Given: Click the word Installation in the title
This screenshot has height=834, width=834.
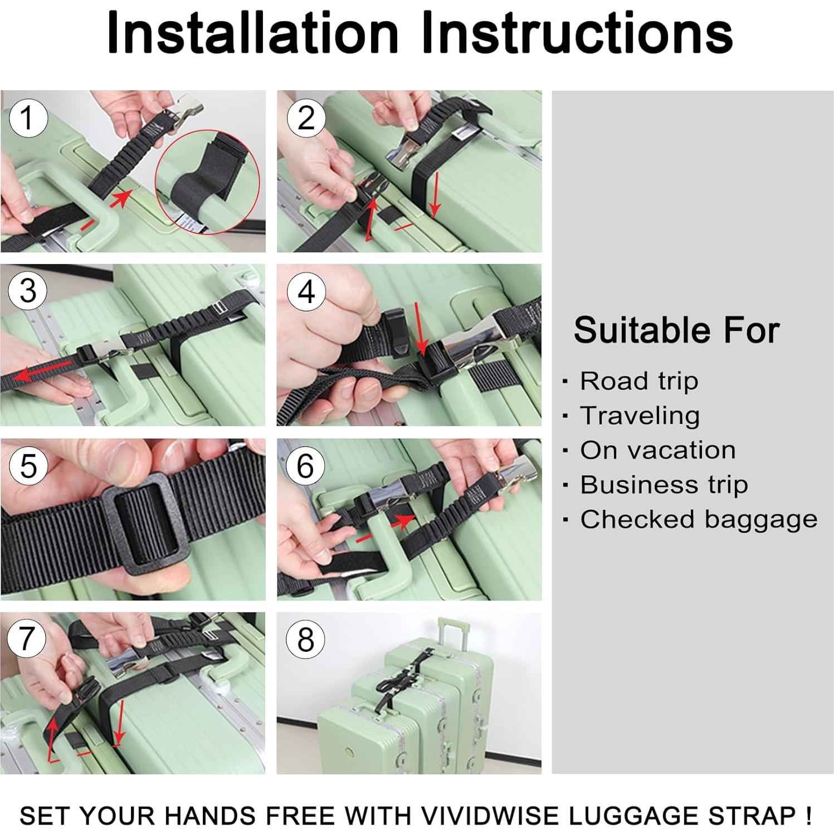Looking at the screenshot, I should [252, 33].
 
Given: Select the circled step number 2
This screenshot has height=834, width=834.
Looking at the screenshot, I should [306, 118].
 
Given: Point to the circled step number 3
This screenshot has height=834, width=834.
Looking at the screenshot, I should [28, 291].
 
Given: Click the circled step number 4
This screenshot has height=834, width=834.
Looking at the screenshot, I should [306, 292].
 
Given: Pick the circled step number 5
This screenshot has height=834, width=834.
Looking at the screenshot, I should [28, 466].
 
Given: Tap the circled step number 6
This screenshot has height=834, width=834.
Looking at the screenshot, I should [305, 466].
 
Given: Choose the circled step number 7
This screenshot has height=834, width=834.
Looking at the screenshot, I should [27, 638].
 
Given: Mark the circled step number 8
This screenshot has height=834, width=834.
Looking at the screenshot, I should [305, 640].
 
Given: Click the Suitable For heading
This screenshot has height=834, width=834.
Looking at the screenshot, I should [676, 330].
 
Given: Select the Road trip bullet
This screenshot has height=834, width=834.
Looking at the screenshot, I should [638, 382].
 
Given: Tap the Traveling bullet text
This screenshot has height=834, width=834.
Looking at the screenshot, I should [640, 416].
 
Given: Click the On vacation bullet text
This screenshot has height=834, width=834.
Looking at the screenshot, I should [657, 451].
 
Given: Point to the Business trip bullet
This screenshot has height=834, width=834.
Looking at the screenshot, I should [664, 485].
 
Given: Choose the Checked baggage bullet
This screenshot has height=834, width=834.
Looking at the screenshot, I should [699, 520].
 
